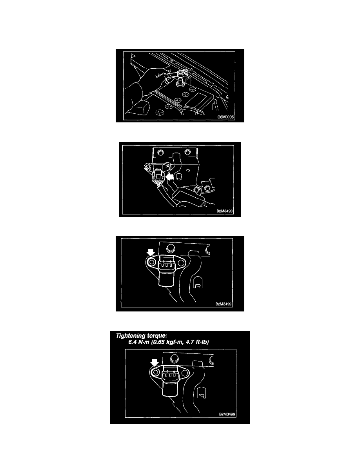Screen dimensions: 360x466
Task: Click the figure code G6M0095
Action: coord(226,117)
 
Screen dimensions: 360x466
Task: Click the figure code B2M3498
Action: coord(225,211)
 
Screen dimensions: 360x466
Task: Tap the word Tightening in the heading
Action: coord(129,336)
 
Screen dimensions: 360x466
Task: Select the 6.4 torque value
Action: coord(133,342)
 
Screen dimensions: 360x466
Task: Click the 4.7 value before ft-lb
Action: coord(189,342)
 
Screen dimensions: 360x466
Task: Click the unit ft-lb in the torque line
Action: coord(202,342)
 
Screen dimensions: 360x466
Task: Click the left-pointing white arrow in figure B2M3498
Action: coord(169,177)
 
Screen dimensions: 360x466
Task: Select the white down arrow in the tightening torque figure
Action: coord(154,362)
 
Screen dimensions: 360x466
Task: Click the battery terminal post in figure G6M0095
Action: coord(180,81)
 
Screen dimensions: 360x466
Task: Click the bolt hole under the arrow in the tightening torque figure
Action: coord(155,372)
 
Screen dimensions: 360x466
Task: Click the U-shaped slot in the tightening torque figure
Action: coord(202,392)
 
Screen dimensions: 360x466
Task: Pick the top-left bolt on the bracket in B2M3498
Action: coord(160,153)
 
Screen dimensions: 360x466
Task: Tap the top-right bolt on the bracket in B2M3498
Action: coord(187,152)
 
